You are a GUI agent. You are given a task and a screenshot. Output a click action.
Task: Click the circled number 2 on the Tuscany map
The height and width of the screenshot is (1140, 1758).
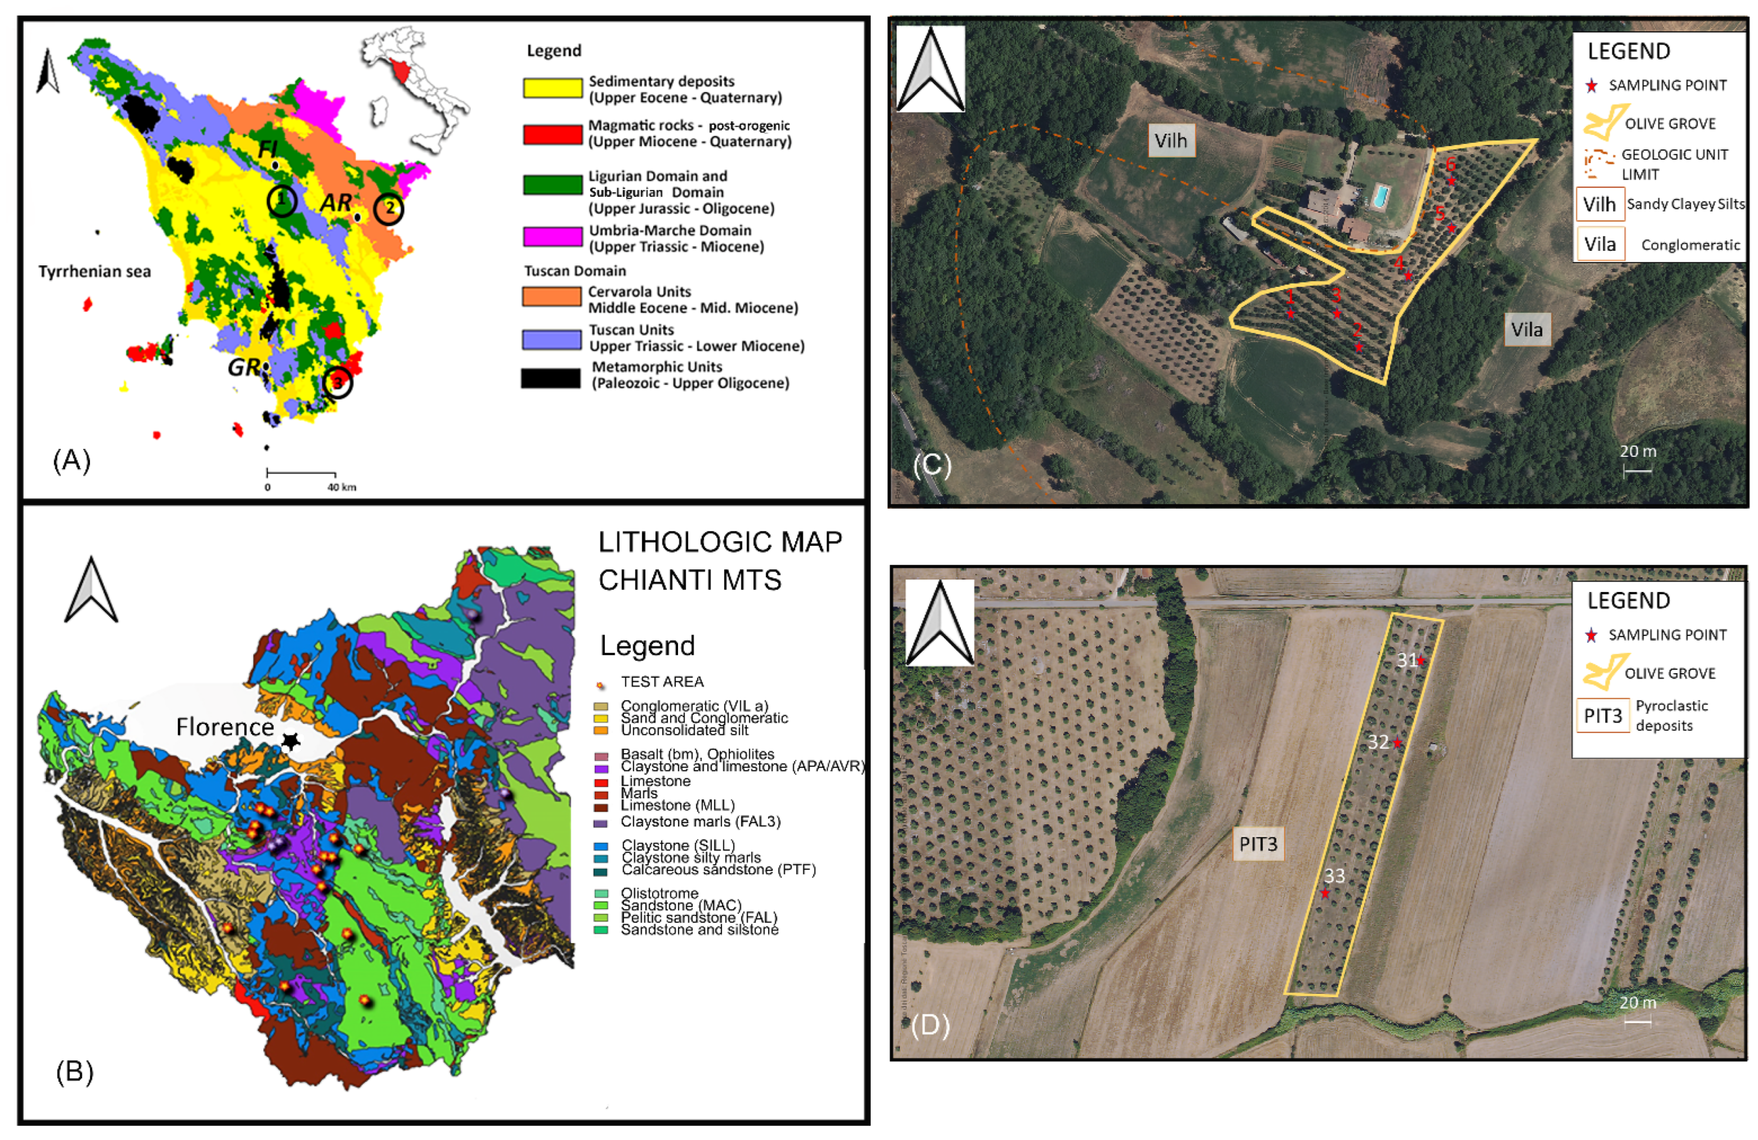point(390,209)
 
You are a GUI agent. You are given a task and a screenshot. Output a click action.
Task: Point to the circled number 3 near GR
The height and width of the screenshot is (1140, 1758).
point(338,383)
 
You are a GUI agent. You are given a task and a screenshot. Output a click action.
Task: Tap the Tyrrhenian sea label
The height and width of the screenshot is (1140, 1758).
point(95,272)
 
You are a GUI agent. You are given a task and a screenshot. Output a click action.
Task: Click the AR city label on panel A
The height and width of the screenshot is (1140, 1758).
point(336,203)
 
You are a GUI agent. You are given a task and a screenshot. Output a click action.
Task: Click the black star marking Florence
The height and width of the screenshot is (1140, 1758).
point(291,741)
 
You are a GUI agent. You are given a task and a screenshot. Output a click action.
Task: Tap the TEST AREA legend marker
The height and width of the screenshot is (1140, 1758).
point(600,685)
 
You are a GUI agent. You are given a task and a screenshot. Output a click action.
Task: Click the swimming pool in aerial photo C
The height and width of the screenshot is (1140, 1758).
point(1378,196)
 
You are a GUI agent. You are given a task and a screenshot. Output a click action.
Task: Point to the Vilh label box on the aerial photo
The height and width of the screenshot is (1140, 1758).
point(1170,141)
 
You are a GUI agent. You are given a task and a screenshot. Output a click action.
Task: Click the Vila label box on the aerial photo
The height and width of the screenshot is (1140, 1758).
point(1526,329)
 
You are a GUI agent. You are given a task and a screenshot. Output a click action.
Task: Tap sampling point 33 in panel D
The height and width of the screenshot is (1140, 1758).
point(1325,893)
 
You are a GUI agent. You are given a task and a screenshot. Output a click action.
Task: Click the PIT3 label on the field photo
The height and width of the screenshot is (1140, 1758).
point(1258,843)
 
